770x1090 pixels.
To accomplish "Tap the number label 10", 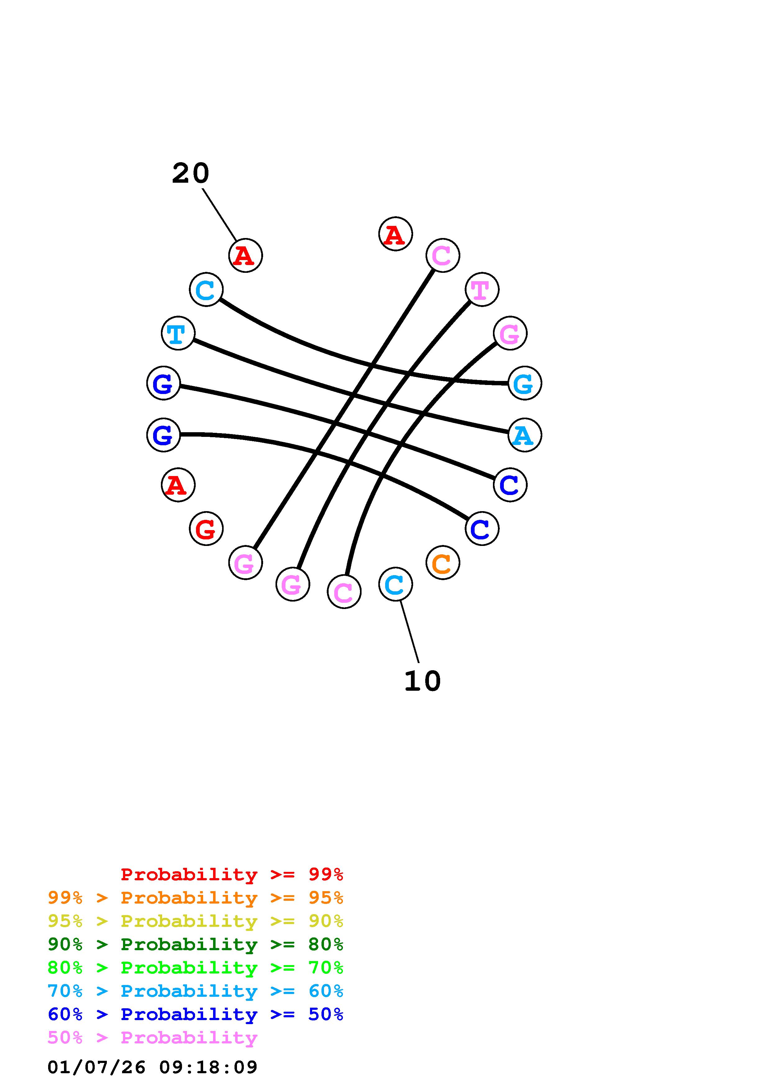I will [x=422, y=681].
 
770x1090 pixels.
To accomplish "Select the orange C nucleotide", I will [x=443, y=563].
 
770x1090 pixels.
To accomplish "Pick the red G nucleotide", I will [x=206, y=529].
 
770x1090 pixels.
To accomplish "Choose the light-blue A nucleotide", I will [x=524, y=435].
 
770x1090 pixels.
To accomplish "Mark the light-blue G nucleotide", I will [x=524, y=383].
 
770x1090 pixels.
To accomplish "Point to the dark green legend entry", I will [x=195, y=944].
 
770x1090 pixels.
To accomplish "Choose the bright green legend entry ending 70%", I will [x=195, y=968].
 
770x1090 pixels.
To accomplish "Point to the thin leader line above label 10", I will [x=409, y=631].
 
